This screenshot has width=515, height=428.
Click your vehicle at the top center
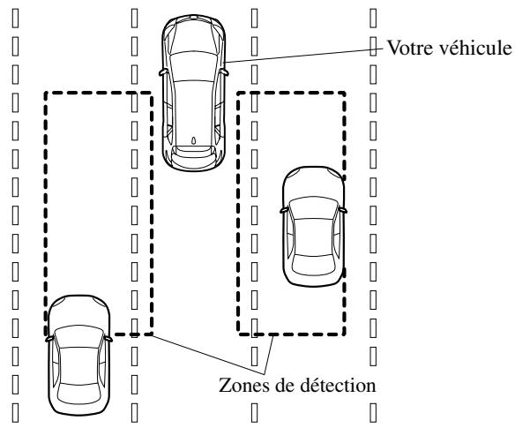(x=193, y=88)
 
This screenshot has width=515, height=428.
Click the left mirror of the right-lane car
(x=281, y=209)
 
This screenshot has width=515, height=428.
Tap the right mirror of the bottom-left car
(x=108, y=336)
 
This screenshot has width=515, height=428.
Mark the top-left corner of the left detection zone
(x=46, y=89)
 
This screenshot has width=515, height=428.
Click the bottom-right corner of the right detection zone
(x=345, y=334)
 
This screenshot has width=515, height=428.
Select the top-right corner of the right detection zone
(x=345, y=89)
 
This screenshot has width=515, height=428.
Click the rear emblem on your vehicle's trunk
(x=193, y=140)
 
